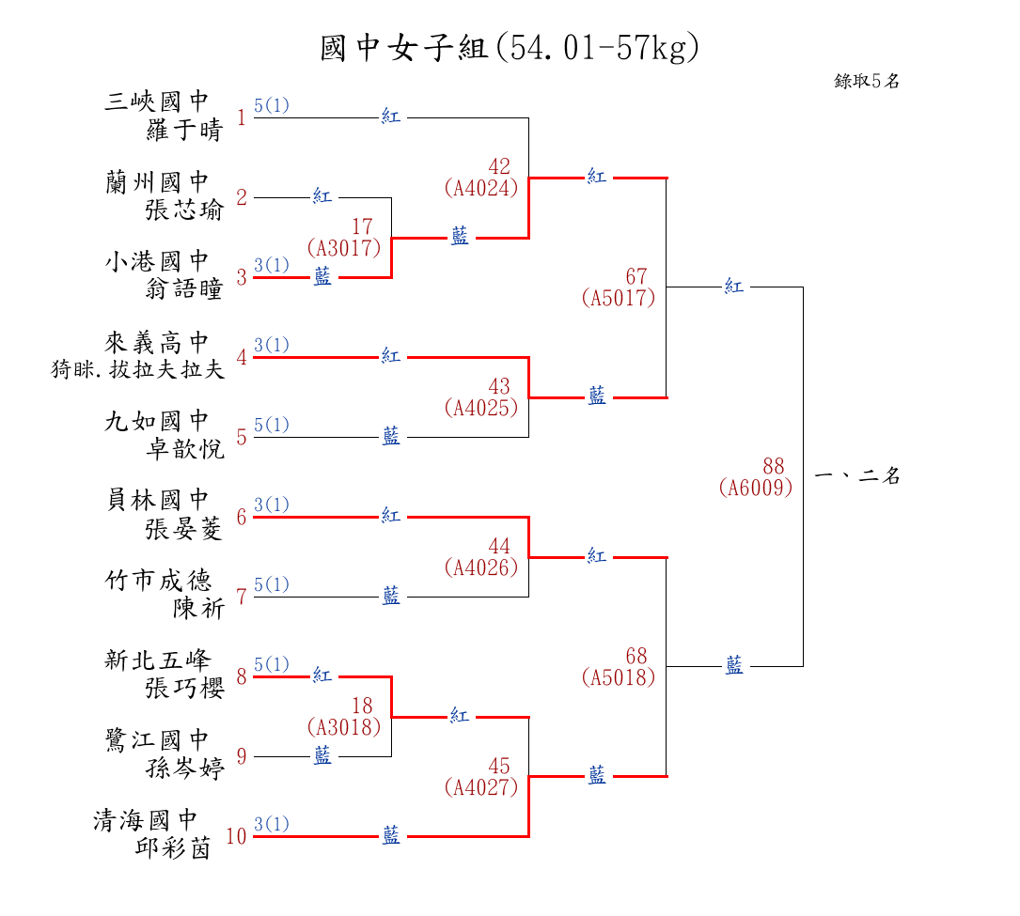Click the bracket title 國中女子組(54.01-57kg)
tap(510, 48)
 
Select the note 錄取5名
tap(867, 82)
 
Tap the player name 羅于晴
tap(185, 131)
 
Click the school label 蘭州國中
tap(157, 182)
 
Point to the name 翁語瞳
tap(185, 289)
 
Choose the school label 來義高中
tap(157, 342)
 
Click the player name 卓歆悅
tap(185, 449)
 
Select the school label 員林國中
tap(157, 502)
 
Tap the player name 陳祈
tap(198, 609)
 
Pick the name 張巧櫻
tap(185, 689)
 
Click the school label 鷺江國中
tap(157, 741)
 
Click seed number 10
tap(236, 836)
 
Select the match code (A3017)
tap(343, 248)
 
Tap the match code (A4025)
tap(480, 408)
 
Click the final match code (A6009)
tap(755, 488)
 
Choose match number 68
tap(636, 656)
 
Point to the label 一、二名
tap(856, 476)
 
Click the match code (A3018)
tap(343, 726)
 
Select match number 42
tap(499, 167)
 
